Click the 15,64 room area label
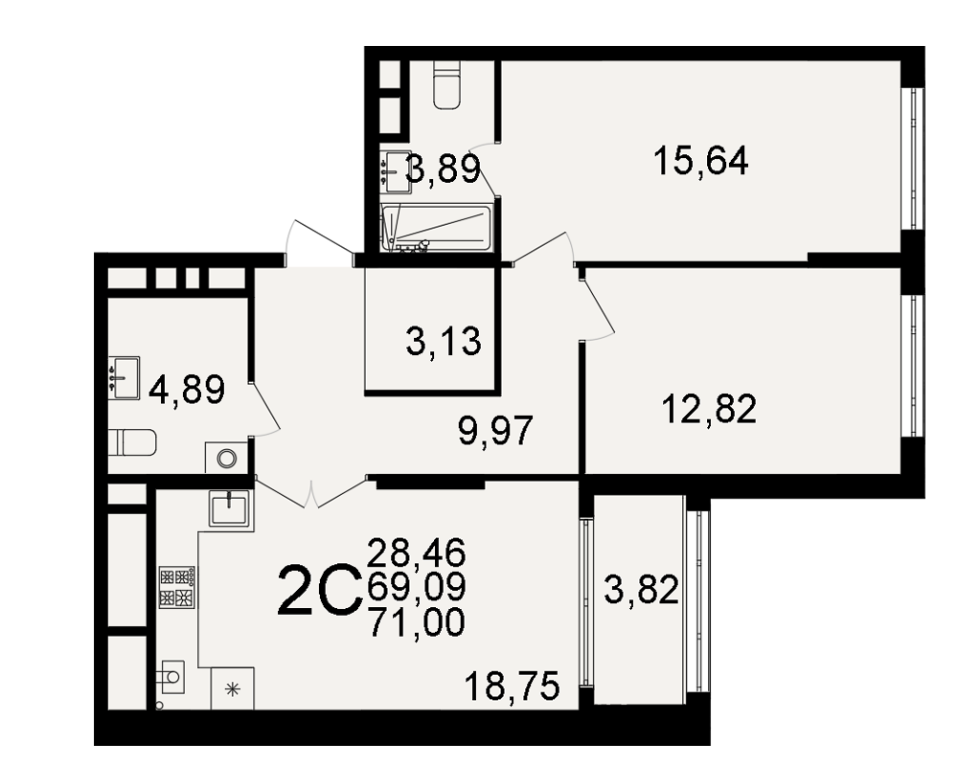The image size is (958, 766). coord(701,162)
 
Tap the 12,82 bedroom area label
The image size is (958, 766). coord(709,409)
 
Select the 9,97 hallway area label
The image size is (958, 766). coord(495,431)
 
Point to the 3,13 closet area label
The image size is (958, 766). coord(444,341)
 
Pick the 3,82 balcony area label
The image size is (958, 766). coord(642,591)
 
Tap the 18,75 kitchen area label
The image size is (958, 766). coord(512,686)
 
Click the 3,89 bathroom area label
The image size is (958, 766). coord(444,169)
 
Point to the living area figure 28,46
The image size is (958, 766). coord(417,552)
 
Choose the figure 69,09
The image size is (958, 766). coord(417,587)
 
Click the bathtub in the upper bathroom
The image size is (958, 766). coord(436,229)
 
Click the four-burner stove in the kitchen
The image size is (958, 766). coord(177,588)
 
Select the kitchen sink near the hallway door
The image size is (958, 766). coord(229,507)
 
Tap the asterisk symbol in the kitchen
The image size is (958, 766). coord(233,689)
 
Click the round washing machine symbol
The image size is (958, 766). coord(227,458)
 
